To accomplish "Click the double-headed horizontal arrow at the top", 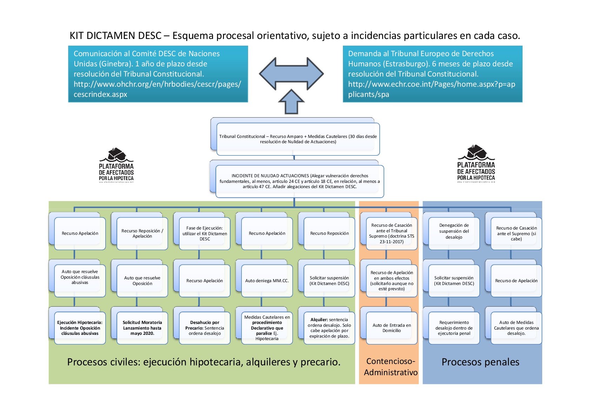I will (291, 74).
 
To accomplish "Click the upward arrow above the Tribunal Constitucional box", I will (291, 102).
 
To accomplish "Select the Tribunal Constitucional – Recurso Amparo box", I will (298, 139).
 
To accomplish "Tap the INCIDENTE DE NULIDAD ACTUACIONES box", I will (300, 181).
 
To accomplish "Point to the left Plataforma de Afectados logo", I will (116, 165).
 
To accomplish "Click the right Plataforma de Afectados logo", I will (476, 164).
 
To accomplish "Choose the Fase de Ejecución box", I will (205, 233).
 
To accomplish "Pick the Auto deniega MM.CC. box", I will (267, 281).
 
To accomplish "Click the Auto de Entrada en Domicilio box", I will (392, 328).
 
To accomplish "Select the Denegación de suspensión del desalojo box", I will (454, 231).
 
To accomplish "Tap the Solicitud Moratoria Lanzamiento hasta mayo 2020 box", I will (142, 328).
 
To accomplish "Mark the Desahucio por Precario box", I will (205, 328).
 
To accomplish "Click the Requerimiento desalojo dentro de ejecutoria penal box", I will (454, 328).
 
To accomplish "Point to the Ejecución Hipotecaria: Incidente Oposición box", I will (80, 328).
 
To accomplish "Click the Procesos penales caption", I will (480, 362).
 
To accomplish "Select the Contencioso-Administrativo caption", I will (391, 367).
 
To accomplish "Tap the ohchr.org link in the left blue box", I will (157, 89).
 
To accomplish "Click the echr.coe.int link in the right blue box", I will (431, 89).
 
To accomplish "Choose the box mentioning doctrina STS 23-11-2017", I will (392, 233).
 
